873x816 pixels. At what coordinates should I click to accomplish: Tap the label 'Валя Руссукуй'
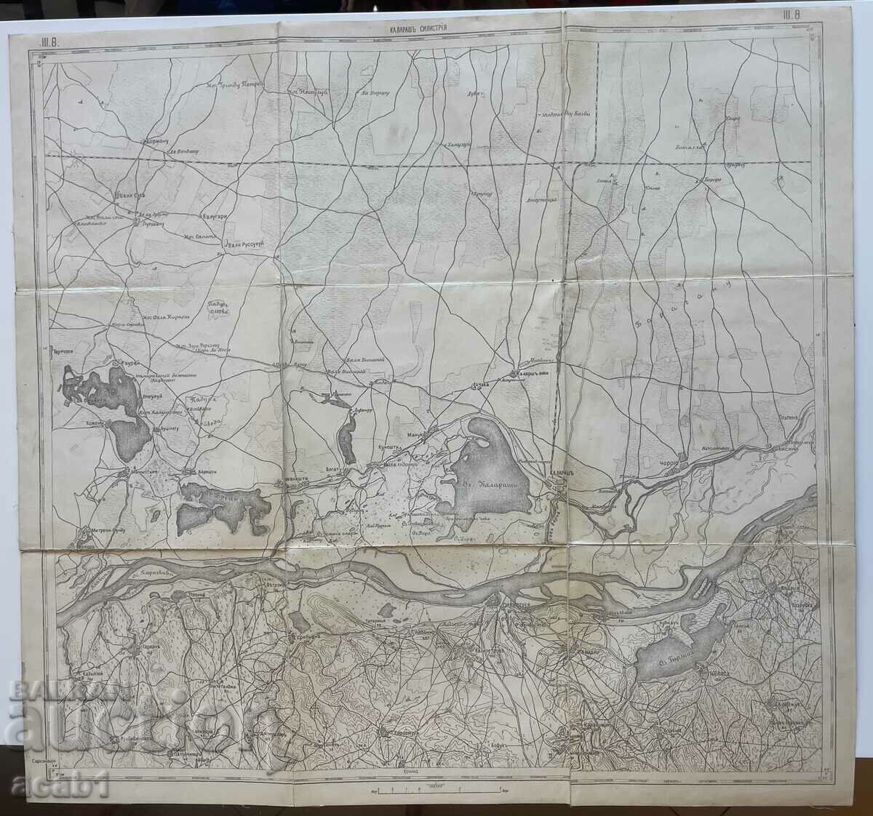tap(251, 244)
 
